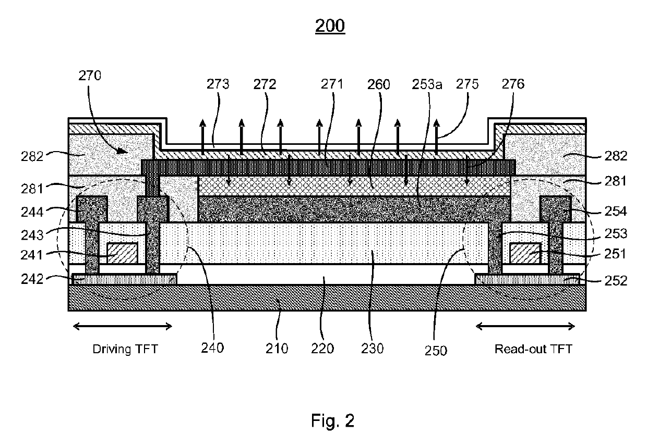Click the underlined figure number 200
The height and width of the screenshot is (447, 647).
point(330,26)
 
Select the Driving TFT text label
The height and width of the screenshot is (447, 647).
point(125,349)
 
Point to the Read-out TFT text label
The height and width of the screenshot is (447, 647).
point(533,349)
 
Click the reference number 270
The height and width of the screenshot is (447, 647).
point(90,77)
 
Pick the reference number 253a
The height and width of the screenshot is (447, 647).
point(427,84)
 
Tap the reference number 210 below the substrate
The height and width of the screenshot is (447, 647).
point(277,349)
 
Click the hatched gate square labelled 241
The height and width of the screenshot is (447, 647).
point(122,253)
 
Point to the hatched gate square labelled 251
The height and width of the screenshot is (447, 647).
point(525,253)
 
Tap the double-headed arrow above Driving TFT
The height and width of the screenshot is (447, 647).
point(123,327)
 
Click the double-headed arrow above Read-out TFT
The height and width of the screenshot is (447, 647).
point(525,327)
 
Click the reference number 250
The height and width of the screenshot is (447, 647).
point(436,350)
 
